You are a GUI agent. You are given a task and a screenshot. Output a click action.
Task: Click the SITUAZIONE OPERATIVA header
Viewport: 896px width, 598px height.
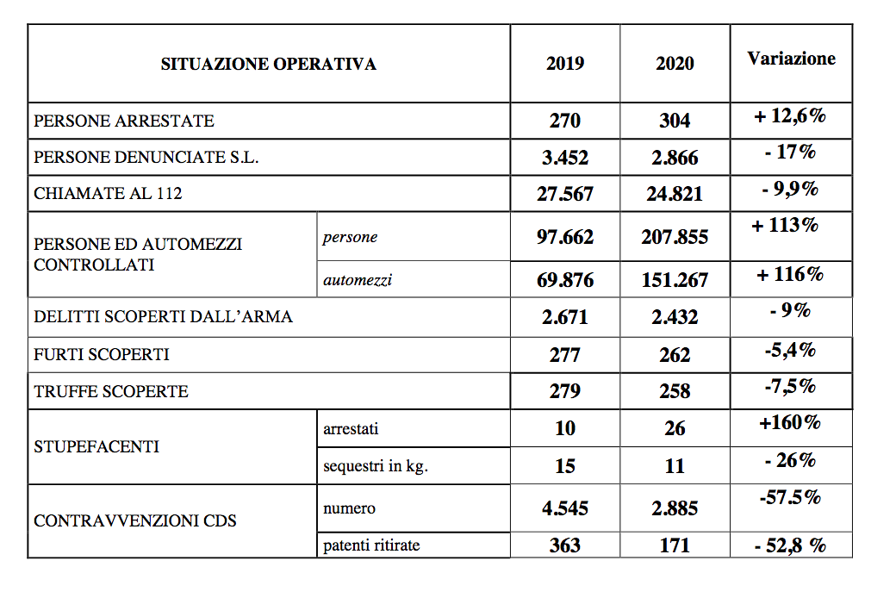(268, 64)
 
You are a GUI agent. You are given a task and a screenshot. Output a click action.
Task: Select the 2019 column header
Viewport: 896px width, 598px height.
(565, 64)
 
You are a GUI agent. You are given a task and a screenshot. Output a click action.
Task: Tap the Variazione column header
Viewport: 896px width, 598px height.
(791, 59)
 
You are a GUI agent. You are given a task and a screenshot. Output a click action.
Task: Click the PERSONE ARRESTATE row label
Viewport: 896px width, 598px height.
(124, 121)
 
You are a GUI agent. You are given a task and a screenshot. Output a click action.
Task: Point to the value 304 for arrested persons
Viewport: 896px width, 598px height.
(675, 121)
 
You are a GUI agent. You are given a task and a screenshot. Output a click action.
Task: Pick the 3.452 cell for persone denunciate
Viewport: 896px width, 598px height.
(565, 159)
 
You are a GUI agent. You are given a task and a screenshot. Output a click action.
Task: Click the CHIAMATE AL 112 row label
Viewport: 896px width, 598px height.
(109, 194)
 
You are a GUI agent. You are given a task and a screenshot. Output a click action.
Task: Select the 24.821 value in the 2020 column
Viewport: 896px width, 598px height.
(675, 194)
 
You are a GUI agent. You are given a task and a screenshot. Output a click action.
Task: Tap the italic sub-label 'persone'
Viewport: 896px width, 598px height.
(350, 238)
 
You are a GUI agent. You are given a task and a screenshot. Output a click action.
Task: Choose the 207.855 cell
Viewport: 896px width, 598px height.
(675, 237)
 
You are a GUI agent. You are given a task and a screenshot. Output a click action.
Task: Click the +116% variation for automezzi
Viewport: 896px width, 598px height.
(790, 275)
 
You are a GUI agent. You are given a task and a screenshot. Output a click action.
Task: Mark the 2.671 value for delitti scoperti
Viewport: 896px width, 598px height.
(565, 317)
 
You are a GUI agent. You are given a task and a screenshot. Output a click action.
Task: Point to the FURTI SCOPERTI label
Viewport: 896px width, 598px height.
(102, 354)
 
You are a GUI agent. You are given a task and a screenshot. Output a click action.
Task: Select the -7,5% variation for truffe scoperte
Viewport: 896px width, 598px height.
(790, 386)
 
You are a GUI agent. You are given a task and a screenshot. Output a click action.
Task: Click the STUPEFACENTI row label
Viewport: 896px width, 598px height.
(96, 447)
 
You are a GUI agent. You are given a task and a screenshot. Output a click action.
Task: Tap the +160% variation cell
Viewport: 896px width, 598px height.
(790, 422)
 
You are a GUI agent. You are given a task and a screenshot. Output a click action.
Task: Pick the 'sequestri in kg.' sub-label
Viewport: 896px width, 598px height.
(376, 466)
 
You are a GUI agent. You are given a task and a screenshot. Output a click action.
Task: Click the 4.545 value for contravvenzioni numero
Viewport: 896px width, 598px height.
(565, 508)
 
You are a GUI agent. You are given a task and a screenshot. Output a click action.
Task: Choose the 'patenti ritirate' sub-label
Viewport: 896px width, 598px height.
(371, 545)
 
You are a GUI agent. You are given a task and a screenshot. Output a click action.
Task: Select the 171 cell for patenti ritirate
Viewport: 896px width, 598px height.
(675, 545)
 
